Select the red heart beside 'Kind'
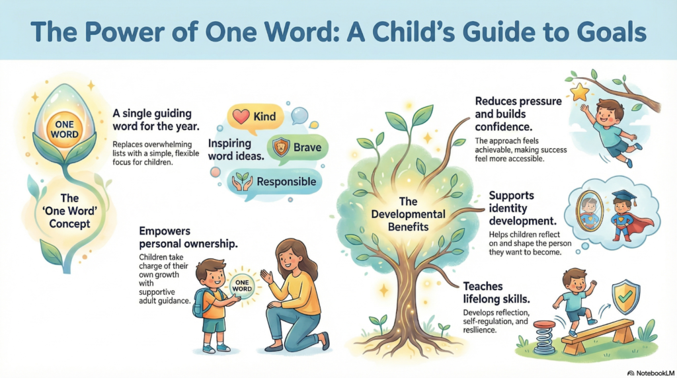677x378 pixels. (x=241, y=117)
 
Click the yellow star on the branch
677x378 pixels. (x=580, y=93)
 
